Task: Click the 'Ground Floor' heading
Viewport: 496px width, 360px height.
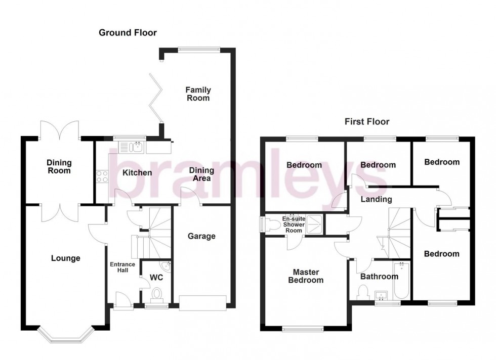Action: [128, 33]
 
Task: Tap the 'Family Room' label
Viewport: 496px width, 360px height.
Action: [198, 94]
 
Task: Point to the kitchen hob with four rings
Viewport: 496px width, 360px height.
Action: [102, 176]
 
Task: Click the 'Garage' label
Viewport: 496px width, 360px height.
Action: [202, 236]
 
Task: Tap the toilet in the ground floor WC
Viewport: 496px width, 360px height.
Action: [156, 294]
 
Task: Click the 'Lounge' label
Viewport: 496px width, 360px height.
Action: [66, 258]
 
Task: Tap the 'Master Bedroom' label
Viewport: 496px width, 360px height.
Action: [305, 276]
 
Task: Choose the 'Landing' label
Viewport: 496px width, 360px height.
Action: [376, 199]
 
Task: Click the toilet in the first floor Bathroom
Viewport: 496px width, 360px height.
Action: [363, 292]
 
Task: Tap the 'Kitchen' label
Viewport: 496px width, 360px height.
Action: [137, 173]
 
